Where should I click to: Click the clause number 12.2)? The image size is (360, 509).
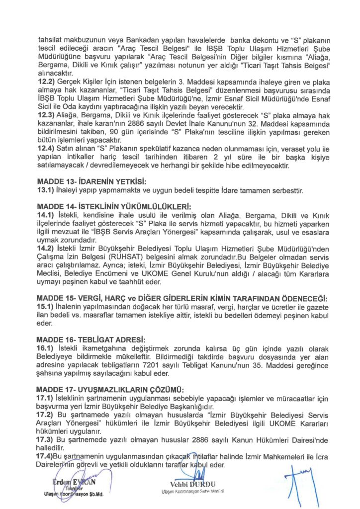(47, 80)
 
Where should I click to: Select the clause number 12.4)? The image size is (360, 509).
(47, 148)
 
